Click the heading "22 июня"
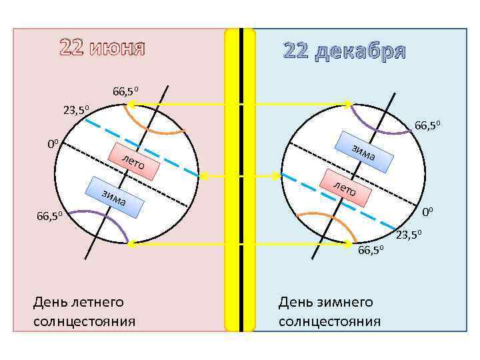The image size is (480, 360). (x=102, y=48)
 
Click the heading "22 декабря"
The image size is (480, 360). (x=344, y=51)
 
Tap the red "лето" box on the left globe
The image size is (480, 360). (x=139, y=161)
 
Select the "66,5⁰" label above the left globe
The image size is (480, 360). (x=125, y=91)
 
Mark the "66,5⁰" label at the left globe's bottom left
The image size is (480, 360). (x=49, y=217)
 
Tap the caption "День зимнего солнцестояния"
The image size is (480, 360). (x=329, y=311)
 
